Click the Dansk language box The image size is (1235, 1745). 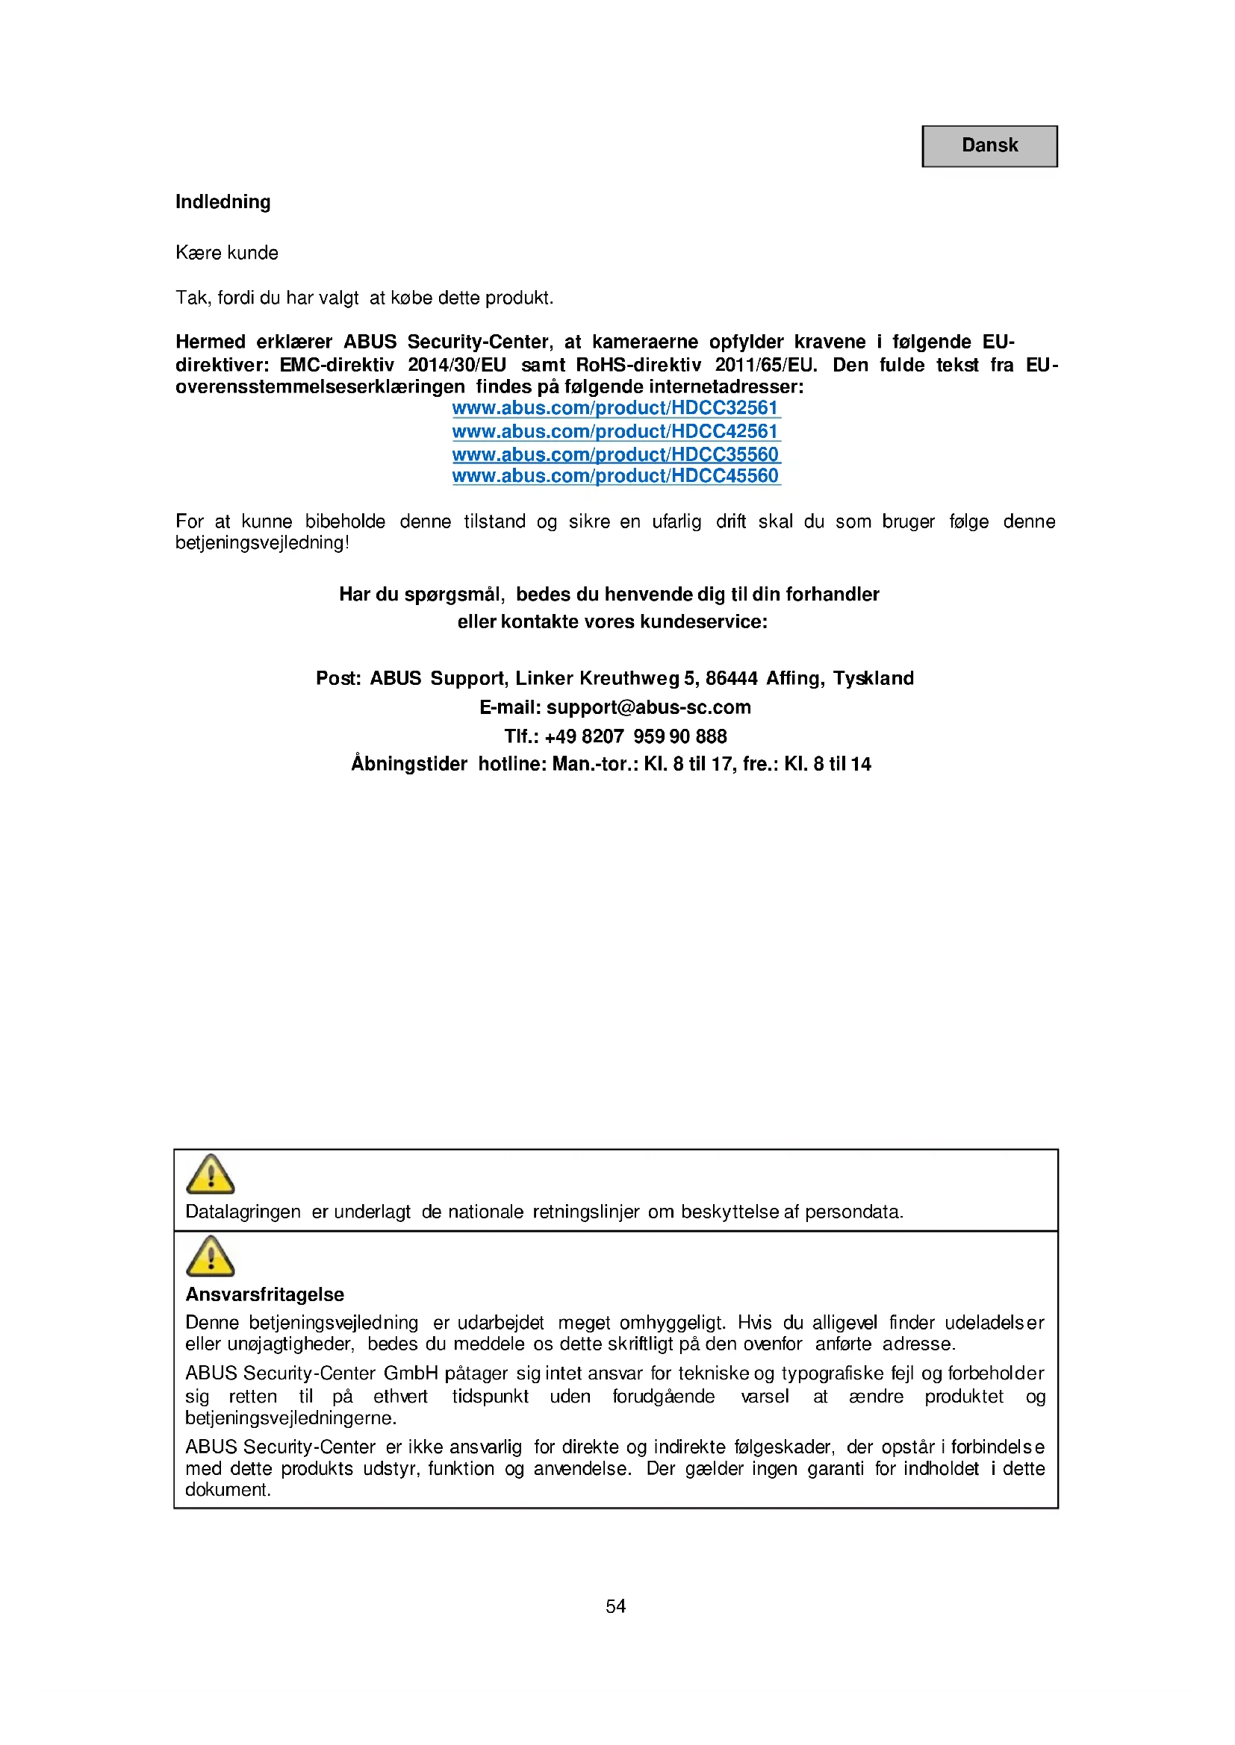[x=989, y=146]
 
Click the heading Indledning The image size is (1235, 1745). [x=223, y=202]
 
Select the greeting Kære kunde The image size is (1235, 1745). [x=227, y=253]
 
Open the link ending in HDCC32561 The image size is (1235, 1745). [x=615, y=408]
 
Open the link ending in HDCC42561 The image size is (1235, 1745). [x=615, y=432]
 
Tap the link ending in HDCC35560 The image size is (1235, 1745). [x=615, y=454]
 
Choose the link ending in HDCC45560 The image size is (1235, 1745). [x=615, y=476]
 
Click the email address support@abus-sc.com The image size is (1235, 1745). [x=648, y=707]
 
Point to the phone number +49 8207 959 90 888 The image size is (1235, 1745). [x=635, y=736]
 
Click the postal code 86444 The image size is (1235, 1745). [x=731, y=679]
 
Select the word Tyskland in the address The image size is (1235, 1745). [x=872, y=679]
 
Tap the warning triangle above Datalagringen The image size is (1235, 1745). [x=211, y=1174]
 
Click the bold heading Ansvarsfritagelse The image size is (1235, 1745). [x=264, y=1294]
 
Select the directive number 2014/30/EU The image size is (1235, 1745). [x=456, y=366]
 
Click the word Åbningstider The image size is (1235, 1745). [x=409, y=765]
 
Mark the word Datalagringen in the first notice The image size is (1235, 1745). [x=243, y=1212]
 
